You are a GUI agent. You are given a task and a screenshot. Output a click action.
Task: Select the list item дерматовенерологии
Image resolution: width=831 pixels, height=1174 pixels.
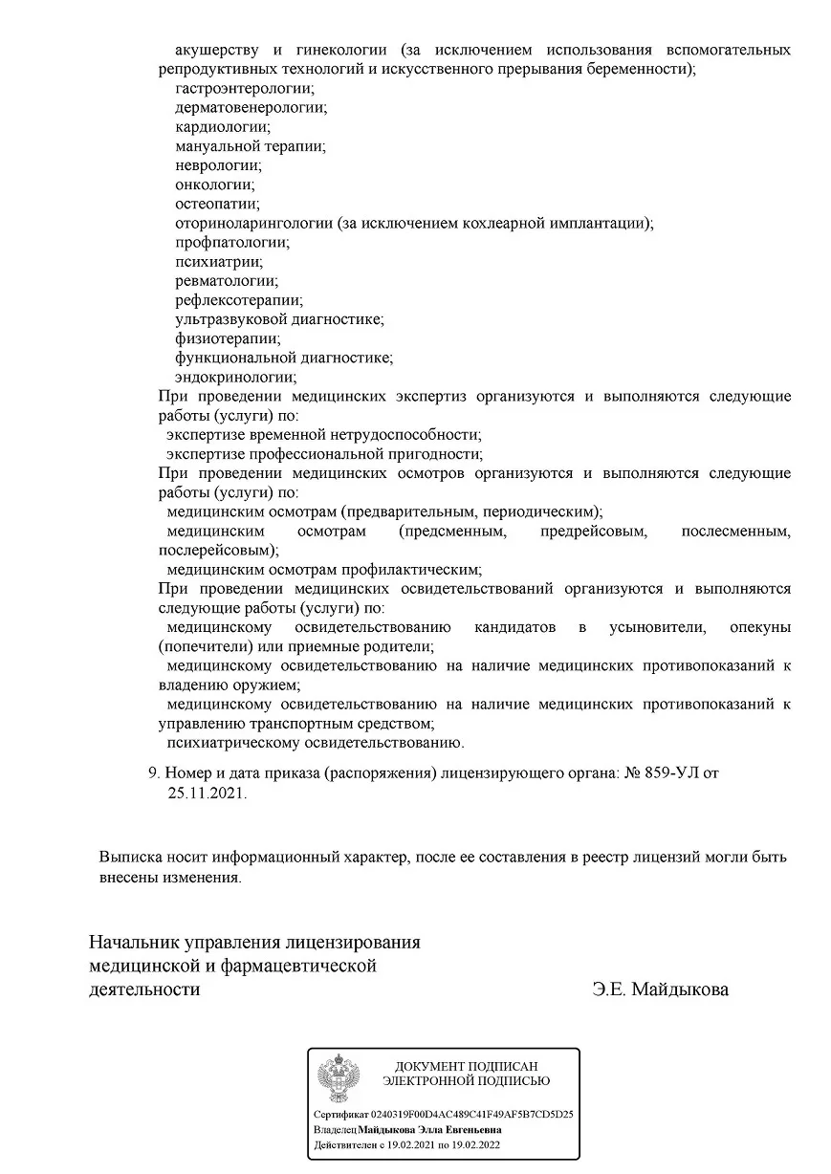pyautogui.click(x=250, y=107)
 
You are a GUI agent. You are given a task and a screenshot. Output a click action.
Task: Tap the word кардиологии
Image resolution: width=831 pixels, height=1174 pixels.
pyautogui.click(x=222, y=126)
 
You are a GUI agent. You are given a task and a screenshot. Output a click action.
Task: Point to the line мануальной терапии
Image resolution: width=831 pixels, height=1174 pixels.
pyautogui.click(x=250, y=146)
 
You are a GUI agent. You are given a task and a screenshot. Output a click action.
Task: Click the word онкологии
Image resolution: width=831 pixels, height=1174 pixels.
pyautogui.click(x=214, y=185)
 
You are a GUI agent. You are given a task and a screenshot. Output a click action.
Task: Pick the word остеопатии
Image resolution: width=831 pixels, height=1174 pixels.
pyautogui.click(x=216, y=204)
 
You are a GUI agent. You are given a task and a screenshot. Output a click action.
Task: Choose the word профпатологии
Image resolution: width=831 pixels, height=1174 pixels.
pyautogui.click(x=230, y=242)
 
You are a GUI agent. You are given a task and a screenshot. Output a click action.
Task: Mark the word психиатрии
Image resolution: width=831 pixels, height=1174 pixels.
pyautogui.click(x=218, y=261)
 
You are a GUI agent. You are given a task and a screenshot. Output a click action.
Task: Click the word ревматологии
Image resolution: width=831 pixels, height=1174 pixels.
pyautogui.click(x=226, y=280)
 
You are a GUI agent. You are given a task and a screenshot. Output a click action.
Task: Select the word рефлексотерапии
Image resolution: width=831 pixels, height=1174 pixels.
pyautogui.click(x=238, y=299)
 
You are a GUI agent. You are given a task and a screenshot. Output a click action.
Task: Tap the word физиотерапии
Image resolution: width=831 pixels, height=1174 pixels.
pyautogui.click(x=227, y=338)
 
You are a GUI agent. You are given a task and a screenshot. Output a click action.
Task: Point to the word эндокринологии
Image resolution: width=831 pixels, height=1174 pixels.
pyautogui.click(x=234, y=377)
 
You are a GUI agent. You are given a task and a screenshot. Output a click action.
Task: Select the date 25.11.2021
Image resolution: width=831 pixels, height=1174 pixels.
pyautogui.click(x=207, y=793)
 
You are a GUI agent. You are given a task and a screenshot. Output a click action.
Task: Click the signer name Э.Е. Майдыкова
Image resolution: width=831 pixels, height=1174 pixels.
pyautogui.click(x=660, y=989)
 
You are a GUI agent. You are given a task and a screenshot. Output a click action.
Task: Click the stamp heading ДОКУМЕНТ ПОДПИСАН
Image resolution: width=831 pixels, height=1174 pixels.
pyautogui.click(x=467, y=1065)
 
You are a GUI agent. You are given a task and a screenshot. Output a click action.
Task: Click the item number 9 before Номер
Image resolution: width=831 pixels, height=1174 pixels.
pyautogui.click(x=152, y=772)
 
